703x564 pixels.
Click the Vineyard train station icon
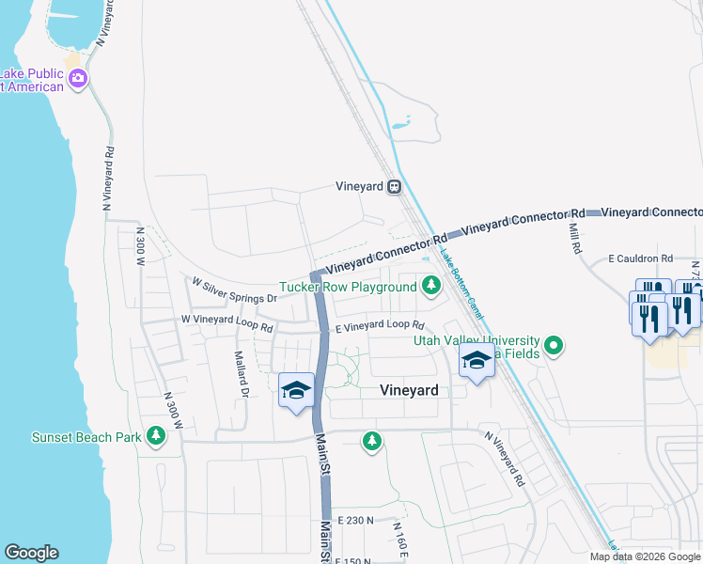[396, 186]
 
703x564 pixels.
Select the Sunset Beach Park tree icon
[156, 436]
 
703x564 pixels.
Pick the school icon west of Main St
[296, 391]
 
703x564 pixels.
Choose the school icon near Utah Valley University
[476, 361]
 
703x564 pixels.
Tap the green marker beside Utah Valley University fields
[555, 347]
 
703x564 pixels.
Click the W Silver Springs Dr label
[234, 290]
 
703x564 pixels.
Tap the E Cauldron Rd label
[640, 258]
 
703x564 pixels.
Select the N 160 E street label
[399, 540]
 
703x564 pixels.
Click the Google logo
[31, 553]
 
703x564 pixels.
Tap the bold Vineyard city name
[409, 390]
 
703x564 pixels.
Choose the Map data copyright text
[645, 556]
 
